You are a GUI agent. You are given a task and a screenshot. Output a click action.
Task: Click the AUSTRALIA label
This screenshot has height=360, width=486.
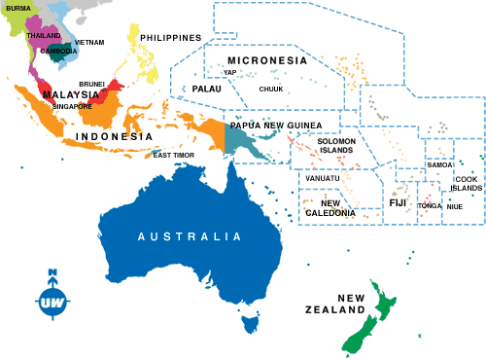coord(189,236)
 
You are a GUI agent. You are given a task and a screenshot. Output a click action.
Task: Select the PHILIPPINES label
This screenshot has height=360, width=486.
coord(170,38)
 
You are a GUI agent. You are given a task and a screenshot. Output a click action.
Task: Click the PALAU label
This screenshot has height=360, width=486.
coord(206,89)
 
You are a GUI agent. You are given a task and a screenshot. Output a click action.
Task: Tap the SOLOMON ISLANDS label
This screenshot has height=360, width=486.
coord(336,146)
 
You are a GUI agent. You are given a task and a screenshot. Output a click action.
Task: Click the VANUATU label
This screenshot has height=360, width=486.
coord(322,178)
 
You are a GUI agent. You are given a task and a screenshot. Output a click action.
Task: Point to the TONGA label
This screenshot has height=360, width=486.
coord(429,206)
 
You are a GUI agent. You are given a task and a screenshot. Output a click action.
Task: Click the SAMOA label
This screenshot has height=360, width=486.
coord(439,165)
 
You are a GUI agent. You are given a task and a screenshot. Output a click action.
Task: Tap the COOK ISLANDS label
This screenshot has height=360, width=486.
coord(468,184)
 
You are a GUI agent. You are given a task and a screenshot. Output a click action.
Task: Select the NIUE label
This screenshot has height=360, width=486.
coord(454,206)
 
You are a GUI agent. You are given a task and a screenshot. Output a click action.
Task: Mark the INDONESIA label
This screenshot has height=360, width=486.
coord(114,137)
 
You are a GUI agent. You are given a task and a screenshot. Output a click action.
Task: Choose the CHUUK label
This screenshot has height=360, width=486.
coord(271,89)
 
